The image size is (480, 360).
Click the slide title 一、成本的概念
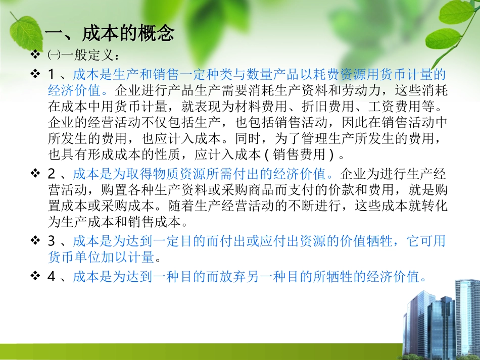[110, 33]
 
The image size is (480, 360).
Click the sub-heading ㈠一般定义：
[83, 54]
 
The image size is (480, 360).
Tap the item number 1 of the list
[51, 75]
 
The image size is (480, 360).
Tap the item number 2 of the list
[51, 174]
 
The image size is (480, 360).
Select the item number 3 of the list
[51, 241]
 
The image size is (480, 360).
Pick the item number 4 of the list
[51, 277]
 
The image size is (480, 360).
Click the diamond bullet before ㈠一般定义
[35, 54]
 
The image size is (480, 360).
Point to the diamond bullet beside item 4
[35, 277]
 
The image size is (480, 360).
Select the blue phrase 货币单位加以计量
[101, 257]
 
